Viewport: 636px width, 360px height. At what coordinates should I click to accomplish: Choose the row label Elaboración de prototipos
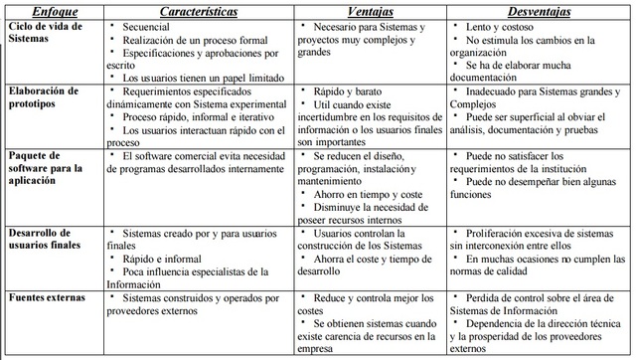coord(44,96)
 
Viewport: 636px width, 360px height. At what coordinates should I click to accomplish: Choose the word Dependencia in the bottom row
coord(503,324)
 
